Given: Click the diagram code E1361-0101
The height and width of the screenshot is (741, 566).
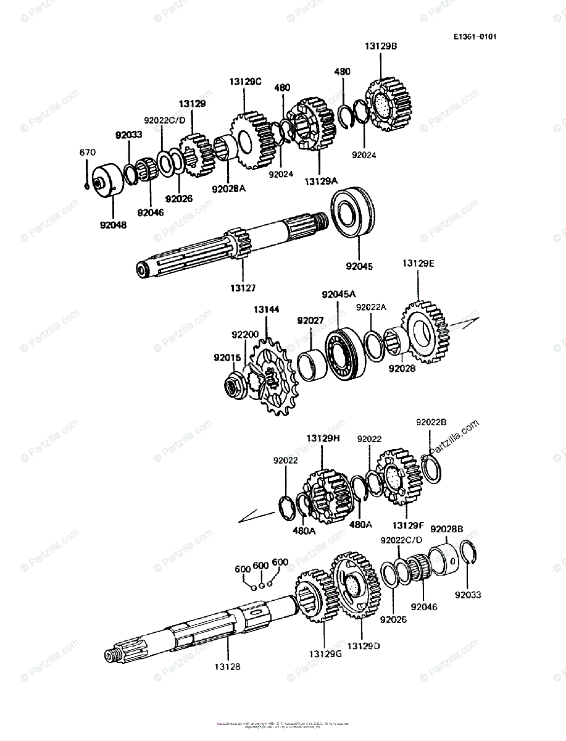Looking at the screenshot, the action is (x=475, y=36).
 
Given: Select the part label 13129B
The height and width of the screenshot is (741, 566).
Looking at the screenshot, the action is (x=380, y=46).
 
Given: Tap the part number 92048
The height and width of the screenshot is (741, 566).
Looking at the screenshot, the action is (x=112, y=225).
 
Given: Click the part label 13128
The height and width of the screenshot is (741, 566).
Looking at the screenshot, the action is (x=228, y=667).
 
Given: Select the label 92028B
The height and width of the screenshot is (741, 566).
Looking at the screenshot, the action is (x=446, y=529).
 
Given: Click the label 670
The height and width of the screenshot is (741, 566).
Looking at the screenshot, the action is (x=86, y=153).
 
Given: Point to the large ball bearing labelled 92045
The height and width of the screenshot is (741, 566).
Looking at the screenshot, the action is (x=352, y=212).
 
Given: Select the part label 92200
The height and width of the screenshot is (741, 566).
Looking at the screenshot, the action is (x=245, y=335).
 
